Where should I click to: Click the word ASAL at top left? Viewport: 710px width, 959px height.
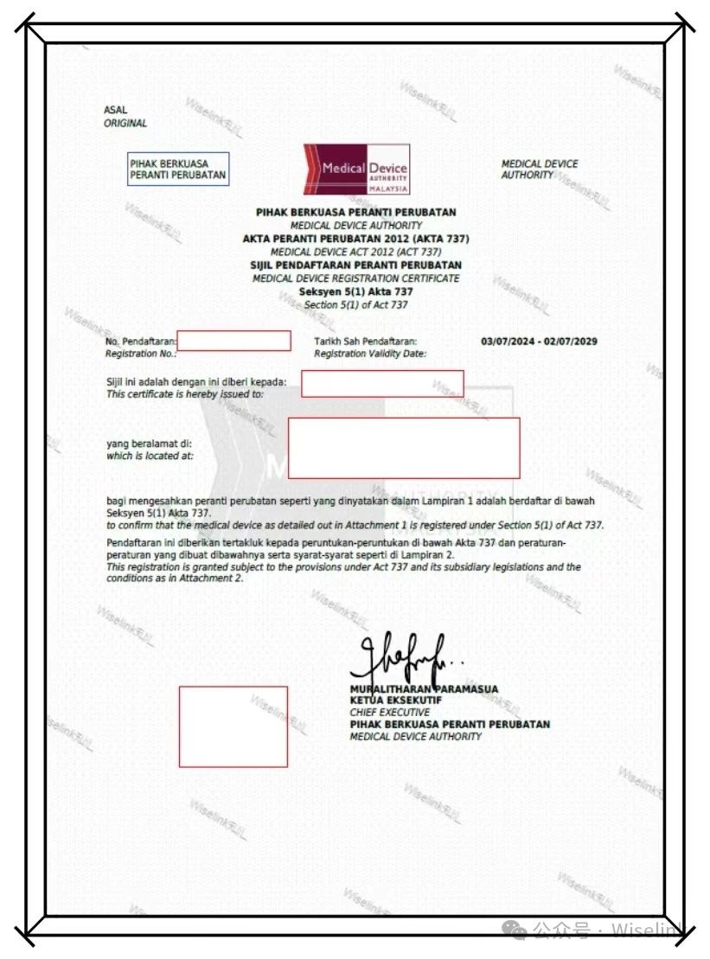tap(115, 111)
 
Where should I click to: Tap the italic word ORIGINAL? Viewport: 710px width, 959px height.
tap(125, 124)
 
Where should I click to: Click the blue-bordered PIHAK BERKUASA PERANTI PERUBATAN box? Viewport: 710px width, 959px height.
tap(178, 169)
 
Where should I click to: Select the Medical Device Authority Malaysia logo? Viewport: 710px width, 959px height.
tap(356, 169)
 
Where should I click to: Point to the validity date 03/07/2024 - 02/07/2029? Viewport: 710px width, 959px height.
tap(539, 342)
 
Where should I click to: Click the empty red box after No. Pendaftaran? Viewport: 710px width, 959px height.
tap(233, 341)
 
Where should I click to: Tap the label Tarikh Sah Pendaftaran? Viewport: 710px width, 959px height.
tap(366, 342)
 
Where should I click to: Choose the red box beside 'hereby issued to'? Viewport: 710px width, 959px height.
tap(382, 383)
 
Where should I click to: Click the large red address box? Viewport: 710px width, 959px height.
tap(404, 448)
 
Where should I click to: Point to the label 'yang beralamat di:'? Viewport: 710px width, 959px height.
tap(143, 444)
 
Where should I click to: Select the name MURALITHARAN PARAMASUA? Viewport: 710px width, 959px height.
tap(424, 689)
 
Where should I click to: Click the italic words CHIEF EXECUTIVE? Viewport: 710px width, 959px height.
tap(389, 713)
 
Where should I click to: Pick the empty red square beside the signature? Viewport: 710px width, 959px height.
tap(233, 726)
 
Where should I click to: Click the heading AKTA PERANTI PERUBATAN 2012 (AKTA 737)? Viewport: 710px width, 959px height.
tap(356, 239)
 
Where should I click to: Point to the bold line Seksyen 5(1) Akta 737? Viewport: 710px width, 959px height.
tap(356, 292)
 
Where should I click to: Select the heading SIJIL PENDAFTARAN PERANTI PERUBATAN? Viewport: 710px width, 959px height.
tap(356, 265)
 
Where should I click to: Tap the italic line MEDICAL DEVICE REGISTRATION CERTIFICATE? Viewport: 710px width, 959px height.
tap(356, 278)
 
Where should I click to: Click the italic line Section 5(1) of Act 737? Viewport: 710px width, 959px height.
tap(356, 305)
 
